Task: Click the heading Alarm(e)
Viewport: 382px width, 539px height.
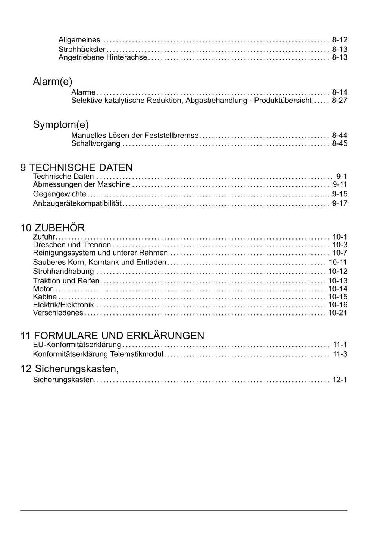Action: point(52,82)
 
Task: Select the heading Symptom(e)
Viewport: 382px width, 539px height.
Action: point(61,124)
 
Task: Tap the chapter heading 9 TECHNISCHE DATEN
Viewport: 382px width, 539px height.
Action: point(76,167)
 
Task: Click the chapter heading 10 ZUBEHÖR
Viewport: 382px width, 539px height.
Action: point(53,228)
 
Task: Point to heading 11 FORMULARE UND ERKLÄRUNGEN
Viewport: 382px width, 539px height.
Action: point(112,335)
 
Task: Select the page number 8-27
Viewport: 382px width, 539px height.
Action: point(339,101)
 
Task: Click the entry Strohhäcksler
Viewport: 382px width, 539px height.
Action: point(82,50)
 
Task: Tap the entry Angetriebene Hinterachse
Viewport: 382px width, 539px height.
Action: point(103,57)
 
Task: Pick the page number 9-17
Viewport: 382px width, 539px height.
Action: point(339,203)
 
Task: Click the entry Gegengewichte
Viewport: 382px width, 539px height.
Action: point(59,194)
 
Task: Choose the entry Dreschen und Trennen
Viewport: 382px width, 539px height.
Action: point(72,245)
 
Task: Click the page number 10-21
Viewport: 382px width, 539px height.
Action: point(338,313)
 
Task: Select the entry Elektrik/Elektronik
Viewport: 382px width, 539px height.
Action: point(63,305)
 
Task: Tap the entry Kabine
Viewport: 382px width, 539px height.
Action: point(45,297)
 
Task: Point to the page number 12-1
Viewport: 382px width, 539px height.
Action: point(339,380)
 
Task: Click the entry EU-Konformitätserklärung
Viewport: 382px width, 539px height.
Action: point(77,345)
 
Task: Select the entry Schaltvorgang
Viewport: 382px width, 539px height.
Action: point(95,144)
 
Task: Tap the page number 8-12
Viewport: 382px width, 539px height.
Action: point(339,40)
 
